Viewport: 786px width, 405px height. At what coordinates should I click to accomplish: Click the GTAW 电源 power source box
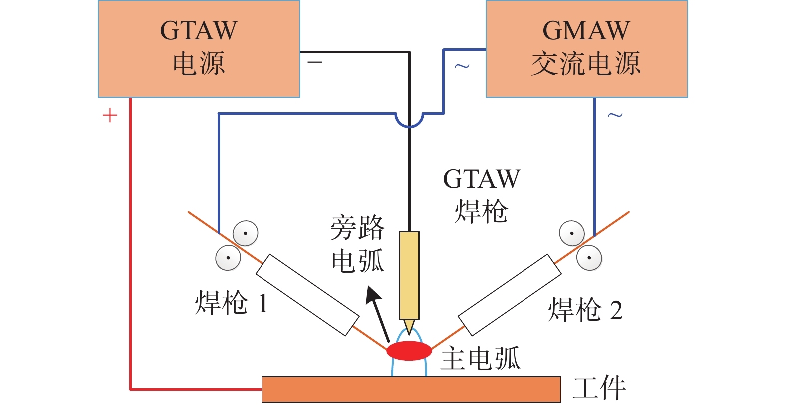(x=199, y=48)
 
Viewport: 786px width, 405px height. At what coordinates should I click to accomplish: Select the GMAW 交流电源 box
(x=586, y=48)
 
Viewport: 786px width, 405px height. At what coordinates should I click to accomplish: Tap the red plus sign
(x=110, y=116)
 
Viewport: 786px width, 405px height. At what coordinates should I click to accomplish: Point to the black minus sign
(x=315, y=62)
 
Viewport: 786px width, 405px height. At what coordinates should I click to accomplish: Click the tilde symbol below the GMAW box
(x=615, y=115)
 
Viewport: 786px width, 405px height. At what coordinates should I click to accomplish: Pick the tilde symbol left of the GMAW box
(x=462, y=66)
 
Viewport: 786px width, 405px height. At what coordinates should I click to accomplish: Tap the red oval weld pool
(x=409, y=350)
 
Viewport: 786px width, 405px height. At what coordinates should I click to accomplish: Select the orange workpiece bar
(x=411, y=389)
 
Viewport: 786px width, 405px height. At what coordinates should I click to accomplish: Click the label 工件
(x=599, y=388)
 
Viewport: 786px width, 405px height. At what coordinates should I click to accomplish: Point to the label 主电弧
(x=480, y=358)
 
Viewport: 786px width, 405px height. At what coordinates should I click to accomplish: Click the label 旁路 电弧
(x=358, y=244)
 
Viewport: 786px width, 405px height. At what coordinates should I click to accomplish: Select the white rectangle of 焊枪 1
(x=307, y=295)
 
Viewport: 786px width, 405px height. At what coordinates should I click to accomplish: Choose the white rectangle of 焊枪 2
(x=510, y=295)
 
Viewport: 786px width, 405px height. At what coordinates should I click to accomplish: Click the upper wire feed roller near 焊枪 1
(x=245, y=233)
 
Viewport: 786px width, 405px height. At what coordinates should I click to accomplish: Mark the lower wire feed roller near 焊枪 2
(x=589, y=258)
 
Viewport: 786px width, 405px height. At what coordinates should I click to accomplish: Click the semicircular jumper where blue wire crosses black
(x=409, y=120)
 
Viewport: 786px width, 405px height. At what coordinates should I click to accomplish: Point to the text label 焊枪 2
(x=585, y=310)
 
